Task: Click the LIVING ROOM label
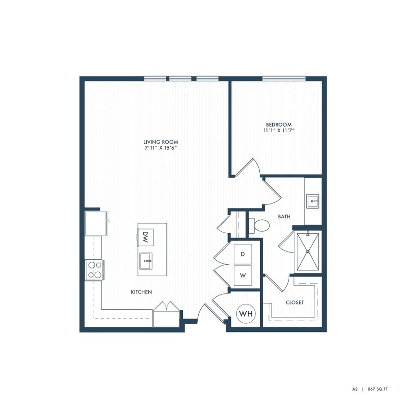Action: [x=161, y=142]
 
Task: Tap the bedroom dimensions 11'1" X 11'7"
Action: [x=279, y=130]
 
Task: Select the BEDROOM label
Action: [x=279, y=125]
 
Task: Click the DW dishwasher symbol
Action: [x=145, y=236]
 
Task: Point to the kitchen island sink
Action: [x=146, y=262]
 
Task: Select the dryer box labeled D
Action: [x=243, y=253]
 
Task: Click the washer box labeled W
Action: [x=243, y=276]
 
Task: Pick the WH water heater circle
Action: [x=246, y=314]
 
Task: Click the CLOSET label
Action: [x=294, y=303]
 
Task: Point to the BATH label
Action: [x=284, y=217]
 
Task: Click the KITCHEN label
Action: [x=141, y=292]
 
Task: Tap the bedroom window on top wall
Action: [x=283, y=78]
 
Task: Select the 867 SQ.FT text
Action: [x=379, y=388]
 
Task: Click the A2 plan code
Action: [x=355, y=388]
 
